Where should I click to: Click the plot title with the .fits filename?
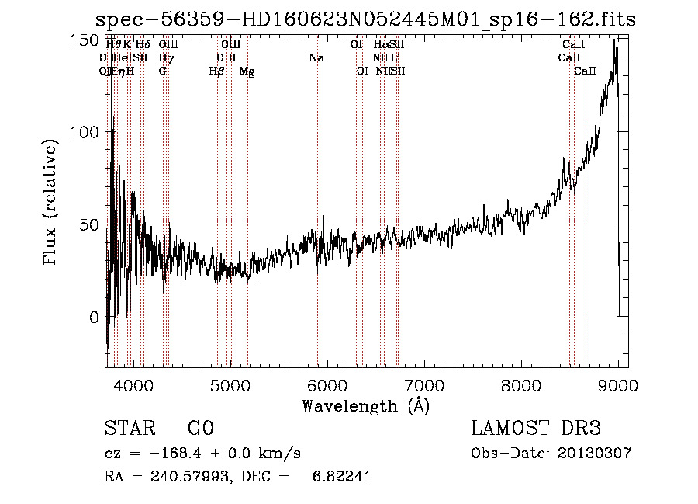pyautogui.click(x=365, y=19)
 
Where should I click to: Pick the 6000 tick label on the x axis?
pyautogui.click(x=327, y=384)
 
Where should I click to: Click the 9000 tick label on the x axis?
pyautogui.click(x=617, y=384)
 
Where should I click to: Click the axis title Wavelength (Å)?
pyautogui.click(x=365, y=405)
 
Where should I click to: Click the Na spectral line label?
pyautogui.click(x=316, y=58)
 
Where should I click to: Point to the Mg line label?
pyautogui.click(x=247, y=71)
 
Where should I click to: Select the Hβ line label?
pyautogui.click(x=217, y=71)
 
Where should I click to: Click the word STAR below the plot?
pyautogui.click(x=126, y=429)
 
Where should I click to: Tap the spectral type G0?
pyautogui.click(x=200, y=429)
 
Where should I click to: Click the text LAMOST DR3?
pyautogui.click(x=535, y=429)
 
